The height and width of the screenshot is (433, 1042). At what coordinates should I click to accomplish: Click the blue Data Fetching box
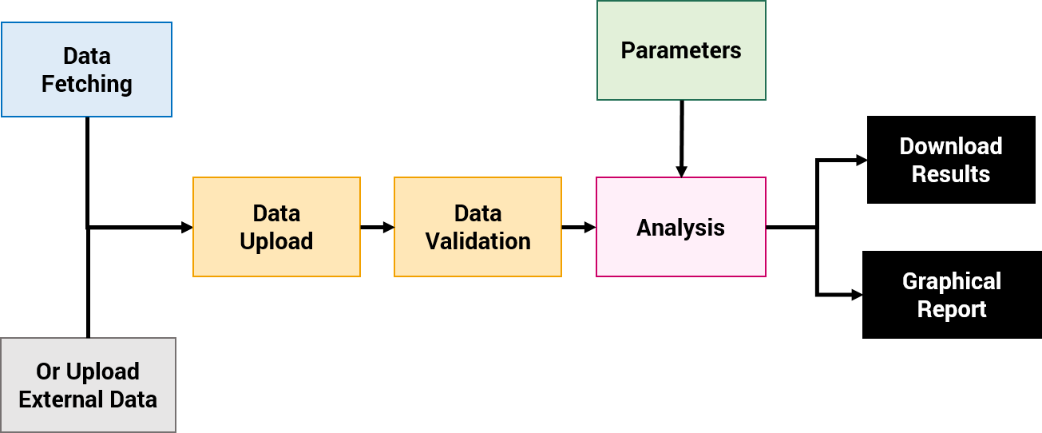click(x=86, y=70)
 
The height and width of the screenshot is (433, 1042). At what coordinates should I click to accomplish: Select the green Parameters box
click(x=681, y=50)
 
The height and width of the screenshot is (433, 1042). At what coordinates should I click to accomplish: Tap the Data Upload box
click(x=276, y=227)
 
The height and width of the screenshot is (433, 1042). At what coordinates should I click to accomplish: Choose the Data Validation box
click(x=477, y=227)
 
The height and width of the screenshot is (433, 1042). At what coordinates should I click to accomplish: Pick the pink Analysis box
click(x=680, y=228)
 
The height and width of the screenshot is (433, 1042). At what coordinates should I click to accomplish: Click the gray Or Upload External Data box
click(x=88, y=385)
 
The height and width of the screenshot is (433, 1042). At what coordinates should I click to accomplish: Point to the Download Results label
click(x=950, y=160)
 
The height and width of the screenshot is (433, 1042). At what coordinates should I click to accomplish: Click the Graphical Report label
click(x=951, y=295)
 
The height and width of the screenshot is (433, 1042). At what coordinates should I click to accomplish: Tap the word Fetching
click(x=87, y=84)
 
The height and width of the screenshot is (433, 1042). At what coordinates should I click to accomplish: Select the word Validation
click(x=477, y=241)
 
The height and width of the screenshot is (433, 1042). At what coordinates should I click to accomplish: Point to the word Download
click(x=950, y=146)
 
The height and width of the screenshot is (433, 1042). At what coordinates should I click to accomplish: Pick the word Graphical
click(x=951, y=281)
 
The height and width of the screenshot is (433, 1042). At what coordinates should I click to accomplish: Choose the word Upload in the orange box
click(x=276, y=241)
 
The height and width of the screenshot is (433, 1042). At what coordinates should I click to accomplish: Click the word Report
click(x=951, y=309)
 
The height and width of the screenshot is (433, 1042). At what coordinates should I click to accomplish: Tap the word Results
click(x=950, y=174)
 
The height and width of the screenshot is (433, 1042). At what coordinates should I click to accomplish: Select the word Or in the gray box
click(x=48, y=371)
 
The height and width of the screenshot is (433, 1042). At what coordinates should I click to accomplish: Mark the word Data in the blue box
click(x=87, y=56)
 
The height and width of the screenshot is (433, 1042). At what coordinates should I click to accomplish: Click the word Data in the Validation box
click(x=477, y=213)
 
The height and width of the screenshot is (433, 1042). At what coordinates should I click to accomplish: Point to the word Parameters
click(x=681, y=50)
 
